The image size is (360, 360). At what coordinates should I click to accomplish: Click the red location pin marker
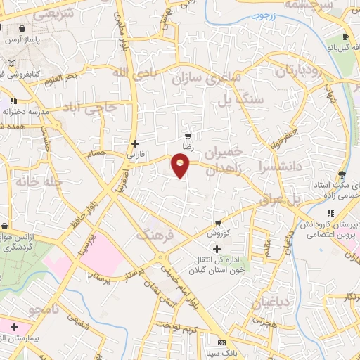coord(181,165)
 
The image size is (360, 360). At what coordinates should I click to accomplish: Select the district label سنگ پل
coord(250,101)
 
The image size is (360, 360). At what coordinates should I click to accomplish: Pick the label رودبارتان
coord(300,71)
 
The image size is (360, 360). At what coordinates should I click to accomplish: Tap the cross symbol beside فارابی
coord(136,143)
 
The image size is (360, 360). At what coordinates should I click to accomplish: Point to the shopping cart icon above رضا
coord(187,136)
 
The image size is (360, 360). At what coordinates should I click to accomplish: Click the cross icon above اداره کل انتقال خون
coord(217,249)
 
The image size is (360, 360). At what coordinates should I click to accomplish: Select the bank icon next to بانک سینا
coord(222,342)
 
